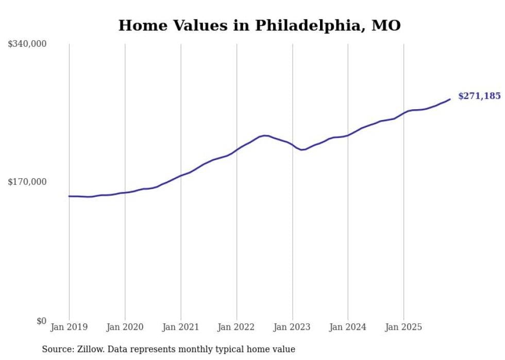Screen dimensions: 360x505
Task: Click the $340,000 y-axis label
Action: click(27, 44)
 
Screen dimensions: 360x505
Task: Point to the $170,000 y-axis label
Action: click(27, 182)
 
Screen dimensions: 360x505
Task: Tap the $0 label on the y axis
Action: click(41, 321)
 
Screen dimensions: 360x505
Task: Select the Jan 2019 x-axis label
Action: click(69, 327)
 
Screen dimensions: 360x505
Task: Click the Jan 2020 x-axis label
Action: click(125, 327)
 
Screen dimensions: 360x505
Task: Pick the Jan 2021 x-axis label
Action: click(180, 327)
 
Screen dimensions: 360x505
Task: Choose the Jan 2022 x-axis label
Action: click(237, 327)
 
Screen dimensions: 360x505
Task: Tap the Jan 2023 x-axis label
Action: click(292, 327)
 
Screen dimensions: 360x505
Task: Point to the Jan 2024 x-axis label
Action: click(348, 327)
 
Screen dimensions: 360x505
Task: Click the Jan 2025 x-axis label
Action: click(403, 327)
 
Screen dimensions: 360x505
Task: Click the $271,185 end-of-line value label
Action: click(479, 96)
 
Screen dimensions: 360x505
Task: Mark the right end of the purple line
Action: click(450, 99)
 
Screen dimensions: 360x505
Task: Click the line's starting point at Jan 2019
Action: click(69, 196)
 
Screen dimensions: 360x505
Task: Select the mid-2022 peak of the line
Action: click(265, 135)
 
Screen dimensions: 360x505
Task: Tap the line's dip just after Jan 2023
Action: click(302, 149)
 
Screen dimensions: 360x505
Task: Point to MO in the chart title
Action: click(386, 25)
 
